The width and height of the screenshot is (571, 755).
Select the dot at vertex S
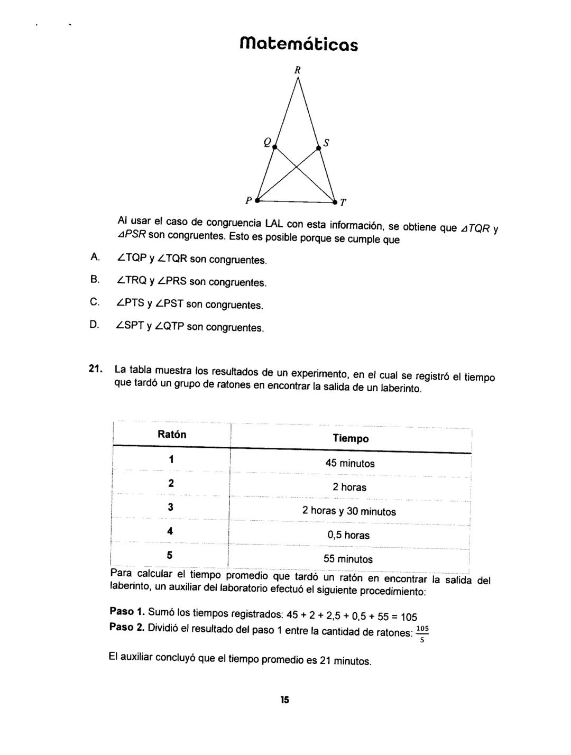coord(318,149)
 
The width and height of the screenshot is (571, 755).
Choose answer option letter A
coord(95,257)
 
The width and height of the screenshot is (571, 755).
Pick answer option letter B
coord(95,279)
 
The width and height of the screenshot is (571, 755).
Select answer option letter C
coord(95,302)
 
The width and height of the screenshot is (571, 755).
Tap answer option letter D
coord(95,324)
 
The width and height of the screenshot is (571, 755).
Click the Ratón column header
coord(172,435)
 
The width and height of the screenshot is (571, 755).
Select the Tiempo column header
coord(351,438)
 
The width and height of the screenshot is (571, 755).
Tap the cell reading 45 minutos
coord(350,464)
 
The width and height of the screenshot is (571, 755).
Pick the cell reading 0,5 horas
coord(348,535)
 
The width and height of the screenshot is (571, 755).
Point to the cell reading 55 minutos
coord(348,559)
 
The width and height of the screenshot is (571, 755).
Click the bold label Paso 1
coord(127,612)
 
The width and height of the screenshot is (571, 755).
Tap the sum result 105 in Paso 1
coord(409,616)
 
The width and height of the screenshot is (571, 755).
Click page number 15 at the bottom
coord(285,700)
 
